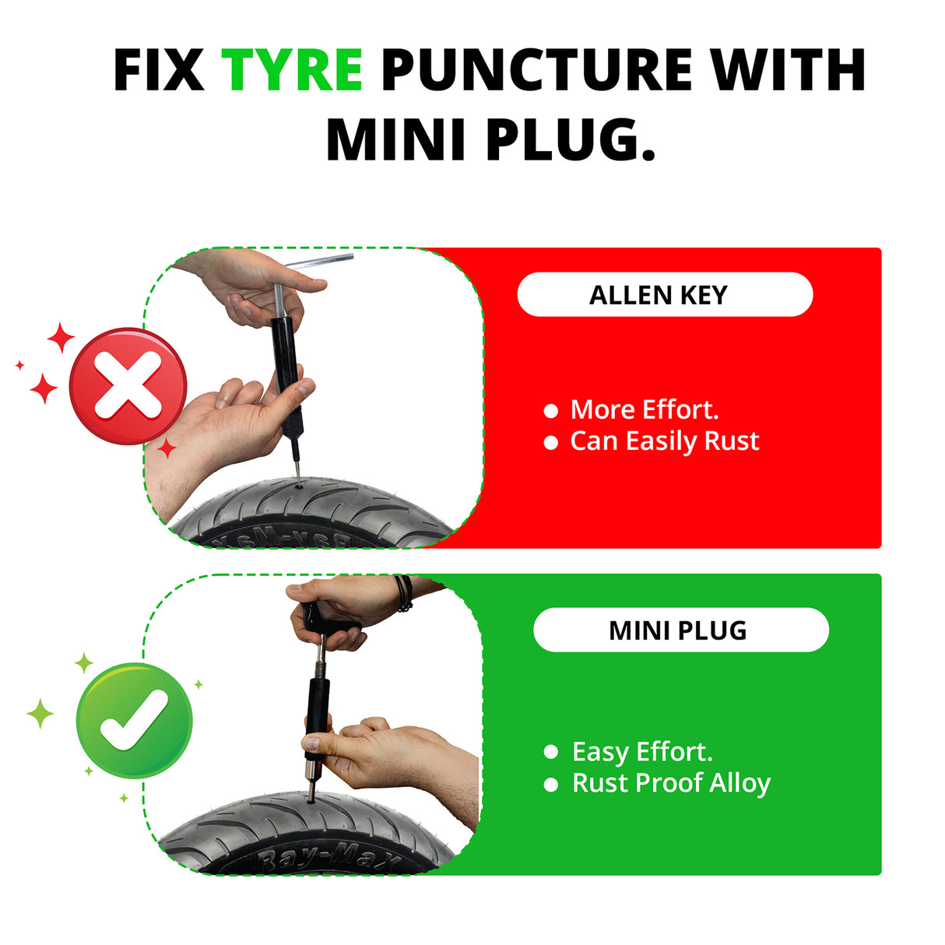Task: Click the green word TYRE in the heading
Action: point(292,70)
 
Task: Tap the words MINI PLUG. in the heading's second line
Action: point(490,140)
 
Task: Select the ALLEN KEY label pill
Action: point(665,295)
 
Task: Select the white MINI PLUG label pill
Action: point(680,630)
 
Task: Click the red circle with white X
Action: point(128,386)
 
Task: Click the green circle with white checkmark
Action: point(134,720)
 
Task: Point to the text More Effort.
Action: point(645,409)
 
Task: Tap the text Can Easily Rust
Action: point(664,441)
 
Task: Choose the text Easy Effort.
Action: point(642,752)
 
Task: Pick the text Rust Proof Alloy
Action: point(671,783)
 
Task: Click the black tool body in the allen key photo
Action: point(286,366)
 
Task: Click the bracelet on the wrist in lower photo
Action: point(403,593)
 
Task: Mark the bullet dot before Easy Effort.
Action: point(551,752)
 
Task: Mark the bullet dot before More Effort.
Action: point(551,410)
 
